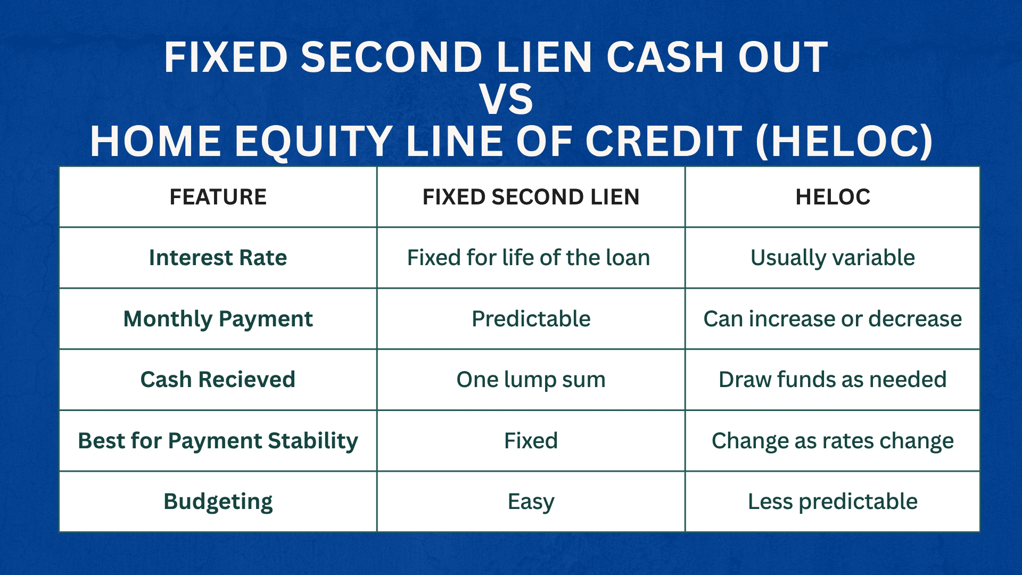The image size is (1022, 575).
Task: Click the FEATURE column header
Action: [218, 197]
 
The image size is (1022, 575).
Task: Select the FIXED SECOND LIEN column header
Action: [531, 197]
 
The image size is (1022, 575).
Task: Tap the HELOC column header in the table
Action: [833, 197]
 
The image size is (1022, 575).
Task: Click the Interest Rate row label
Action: [218, 258]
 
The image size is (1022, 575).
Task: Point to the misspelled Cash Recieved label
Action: [218, 380]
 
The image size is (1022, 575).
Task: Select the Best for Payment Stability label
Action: [218, 441]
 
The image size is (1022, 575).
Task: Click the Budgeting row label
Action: [218, 502]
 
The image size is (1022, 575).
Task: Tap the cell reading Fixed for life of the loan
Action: [529, 258]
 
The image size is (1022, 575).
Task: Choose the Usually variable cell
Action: [833, 258]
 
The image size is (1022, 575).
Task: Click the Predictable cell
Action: [531, 319]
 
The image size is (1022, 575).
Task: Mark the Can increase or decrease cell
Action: [833, 319]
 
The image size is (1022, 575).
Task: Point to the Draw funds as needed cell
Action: [833, 380]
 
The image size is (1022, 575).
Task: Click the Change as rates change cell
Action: [833, 441]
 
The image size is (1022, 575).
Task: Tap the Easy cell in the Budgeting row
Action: [531, 502]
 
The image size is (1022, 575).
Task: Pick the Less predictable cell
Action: [833, 502]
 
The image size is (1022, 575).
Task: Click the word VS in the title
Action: [506, 99]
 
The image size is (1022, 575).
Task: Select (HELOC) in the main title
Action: [844, 142]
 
